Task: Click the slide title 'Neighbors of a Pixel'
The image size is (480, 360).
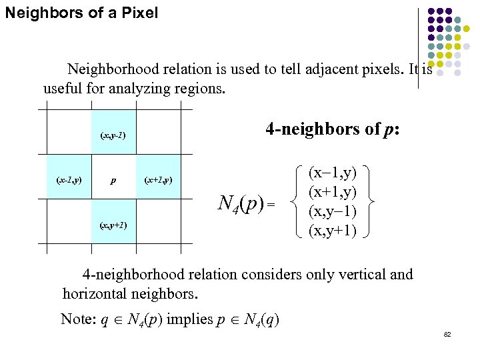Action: point(81,13)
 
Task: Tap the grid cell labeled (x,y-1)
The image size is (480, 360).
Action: point(113,136)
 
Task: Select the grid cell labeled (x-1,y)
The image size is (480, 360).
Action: point(69,180)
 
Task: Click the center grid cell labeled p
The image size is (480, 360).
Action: point(113,180)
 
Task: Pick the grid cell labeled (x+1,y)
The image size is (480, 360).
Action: point(158,180)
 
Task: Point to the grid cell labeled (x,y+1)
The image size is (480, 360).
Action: point(113,225)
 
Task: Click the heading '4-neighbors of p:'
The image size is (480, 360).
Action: point(332,129)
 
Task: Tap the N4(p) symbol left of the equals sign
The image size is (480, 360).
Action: point(241,203)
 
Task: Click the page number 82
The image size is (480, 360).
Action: point(447,334)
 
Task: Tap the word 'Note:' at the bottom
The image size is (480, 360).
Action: point(77,319)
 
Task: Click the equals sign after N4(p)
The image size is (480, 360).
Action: point(271,203)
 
